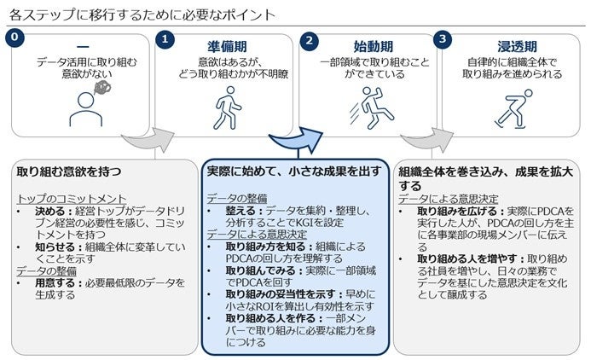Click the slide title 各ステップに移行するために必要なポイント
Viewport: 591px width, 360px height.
tap(142, 15)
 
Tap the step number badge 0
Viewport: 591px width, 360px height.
tap(12, 38)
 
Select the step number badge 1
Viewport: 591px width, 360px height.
tap(165, 38)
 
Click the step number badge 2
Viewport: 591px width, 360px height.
tap(310, 38)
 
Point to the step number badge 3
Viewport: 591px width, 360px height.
tap(441, 38)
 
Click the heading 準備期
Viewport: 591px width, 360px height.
tap(225, 45)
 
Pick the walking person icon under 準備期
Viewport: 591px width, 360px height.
tap(225, 109)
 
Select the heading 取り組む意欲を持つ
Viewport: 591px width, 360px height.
tap(69, 171)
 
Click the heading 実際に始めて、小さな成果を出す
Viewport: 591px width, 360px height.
tap(293, 171)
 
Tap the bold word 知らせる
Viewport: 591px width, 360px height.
tap(51, 246)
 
